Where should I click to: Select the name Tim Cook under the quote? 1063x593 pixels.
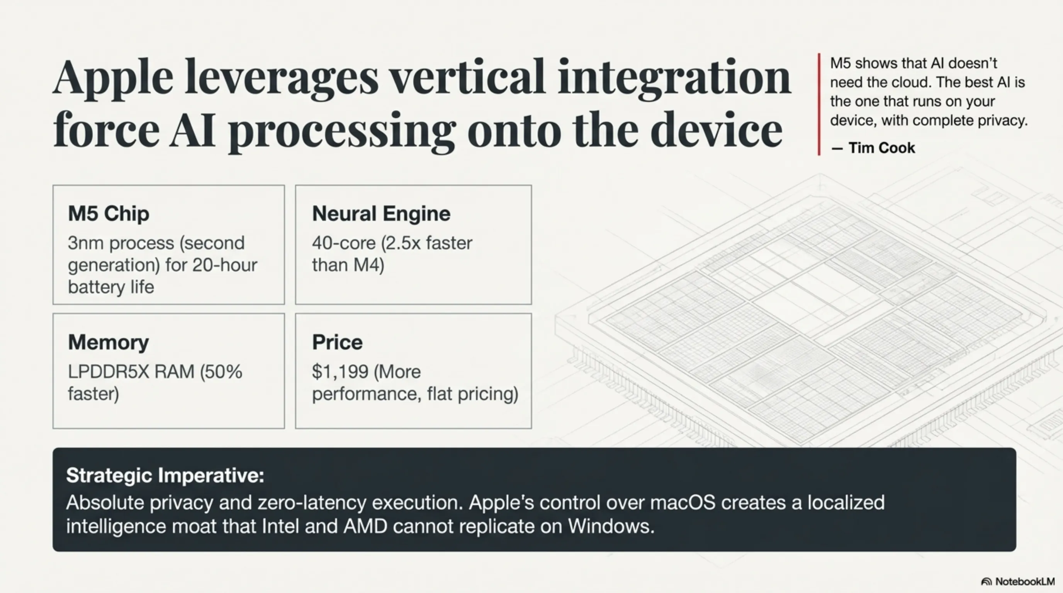pos(881,147)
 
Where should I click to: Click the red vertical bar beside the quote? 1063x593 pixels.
pos(819,104)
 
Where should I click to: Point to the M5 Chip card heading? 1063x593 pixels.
pos(109,213)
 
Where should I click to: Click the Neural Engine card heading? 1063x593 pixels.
pos(381,213)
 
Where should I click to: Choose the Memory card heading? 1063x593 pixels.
pos(109,342)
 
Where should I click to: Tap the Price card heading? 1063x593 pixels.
pos(337,342)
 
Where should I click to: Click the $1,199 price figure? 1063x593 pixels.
pos(340,372)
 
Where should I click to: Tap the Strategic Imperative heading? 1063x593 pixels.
pos(165,476)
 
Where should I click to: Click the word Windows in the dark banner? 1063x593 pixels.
pos(611,526)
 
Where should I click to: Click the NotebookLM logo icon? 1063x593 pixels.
pos(986,581)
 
